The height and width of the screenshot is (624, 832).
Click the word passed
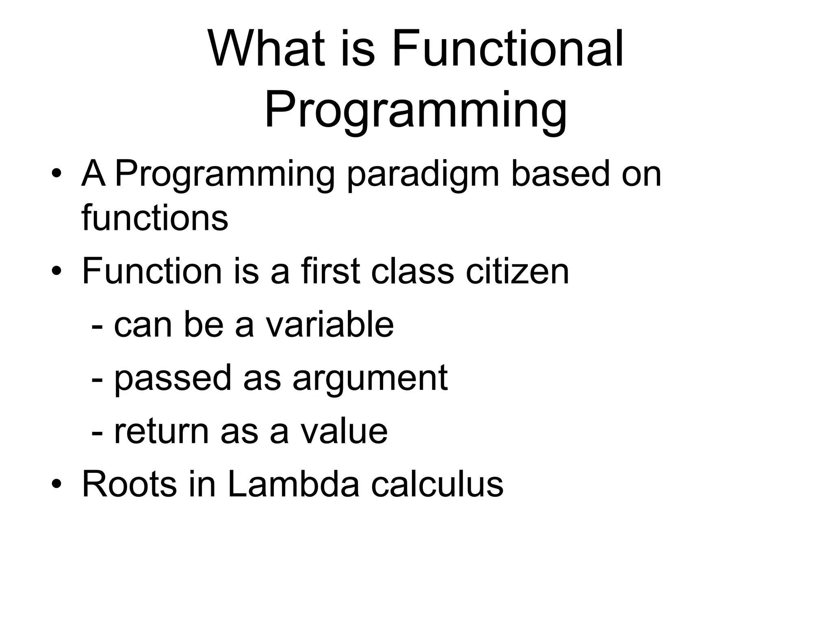[x=172, y=379]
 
